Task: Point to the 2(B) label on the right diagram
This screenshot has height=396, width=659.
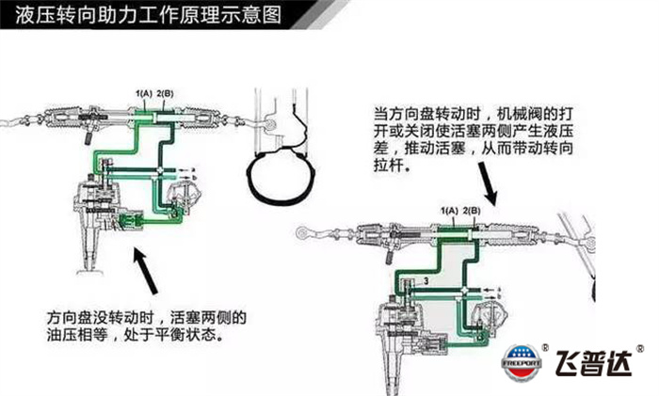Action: (x=474, y=208)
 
